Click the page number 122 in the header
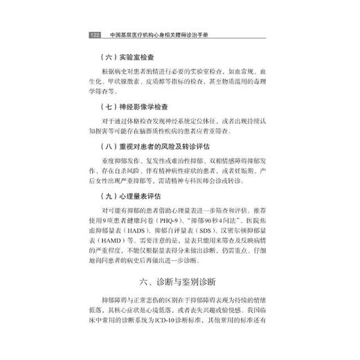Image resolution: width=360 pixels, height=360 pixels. click(95, 35)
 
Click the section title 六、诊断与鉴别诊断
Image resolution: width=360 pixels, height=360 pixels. click(180, 282)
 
